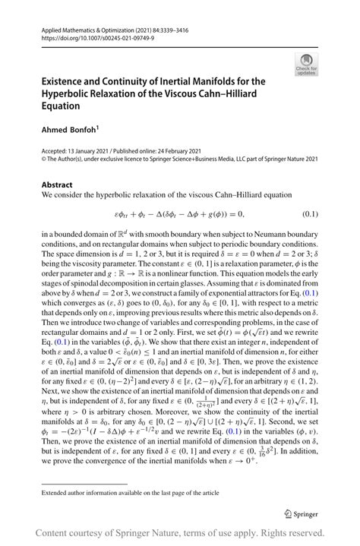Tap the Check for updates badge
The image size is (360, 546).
pos(306,65)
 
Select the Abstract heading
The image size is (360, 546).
pos(57,185)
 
